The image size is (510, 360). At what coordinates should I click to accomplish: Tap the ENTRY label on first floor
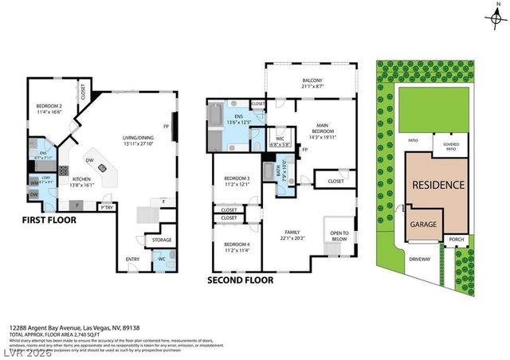click(132, 259)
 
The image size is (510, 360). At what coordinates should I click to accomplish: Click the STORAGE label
click(162, 240)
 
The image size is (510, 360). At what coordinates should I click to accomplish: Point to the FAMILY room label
click(294, 234)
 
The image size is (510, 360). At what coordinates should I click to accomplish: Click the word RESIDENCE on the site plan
click(437, 185)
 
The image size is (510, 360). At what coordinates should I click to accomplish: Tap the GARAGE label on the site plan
click(423, 225)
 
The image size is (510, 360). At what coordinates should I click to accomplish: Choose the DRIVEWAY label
click(420, 259)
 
